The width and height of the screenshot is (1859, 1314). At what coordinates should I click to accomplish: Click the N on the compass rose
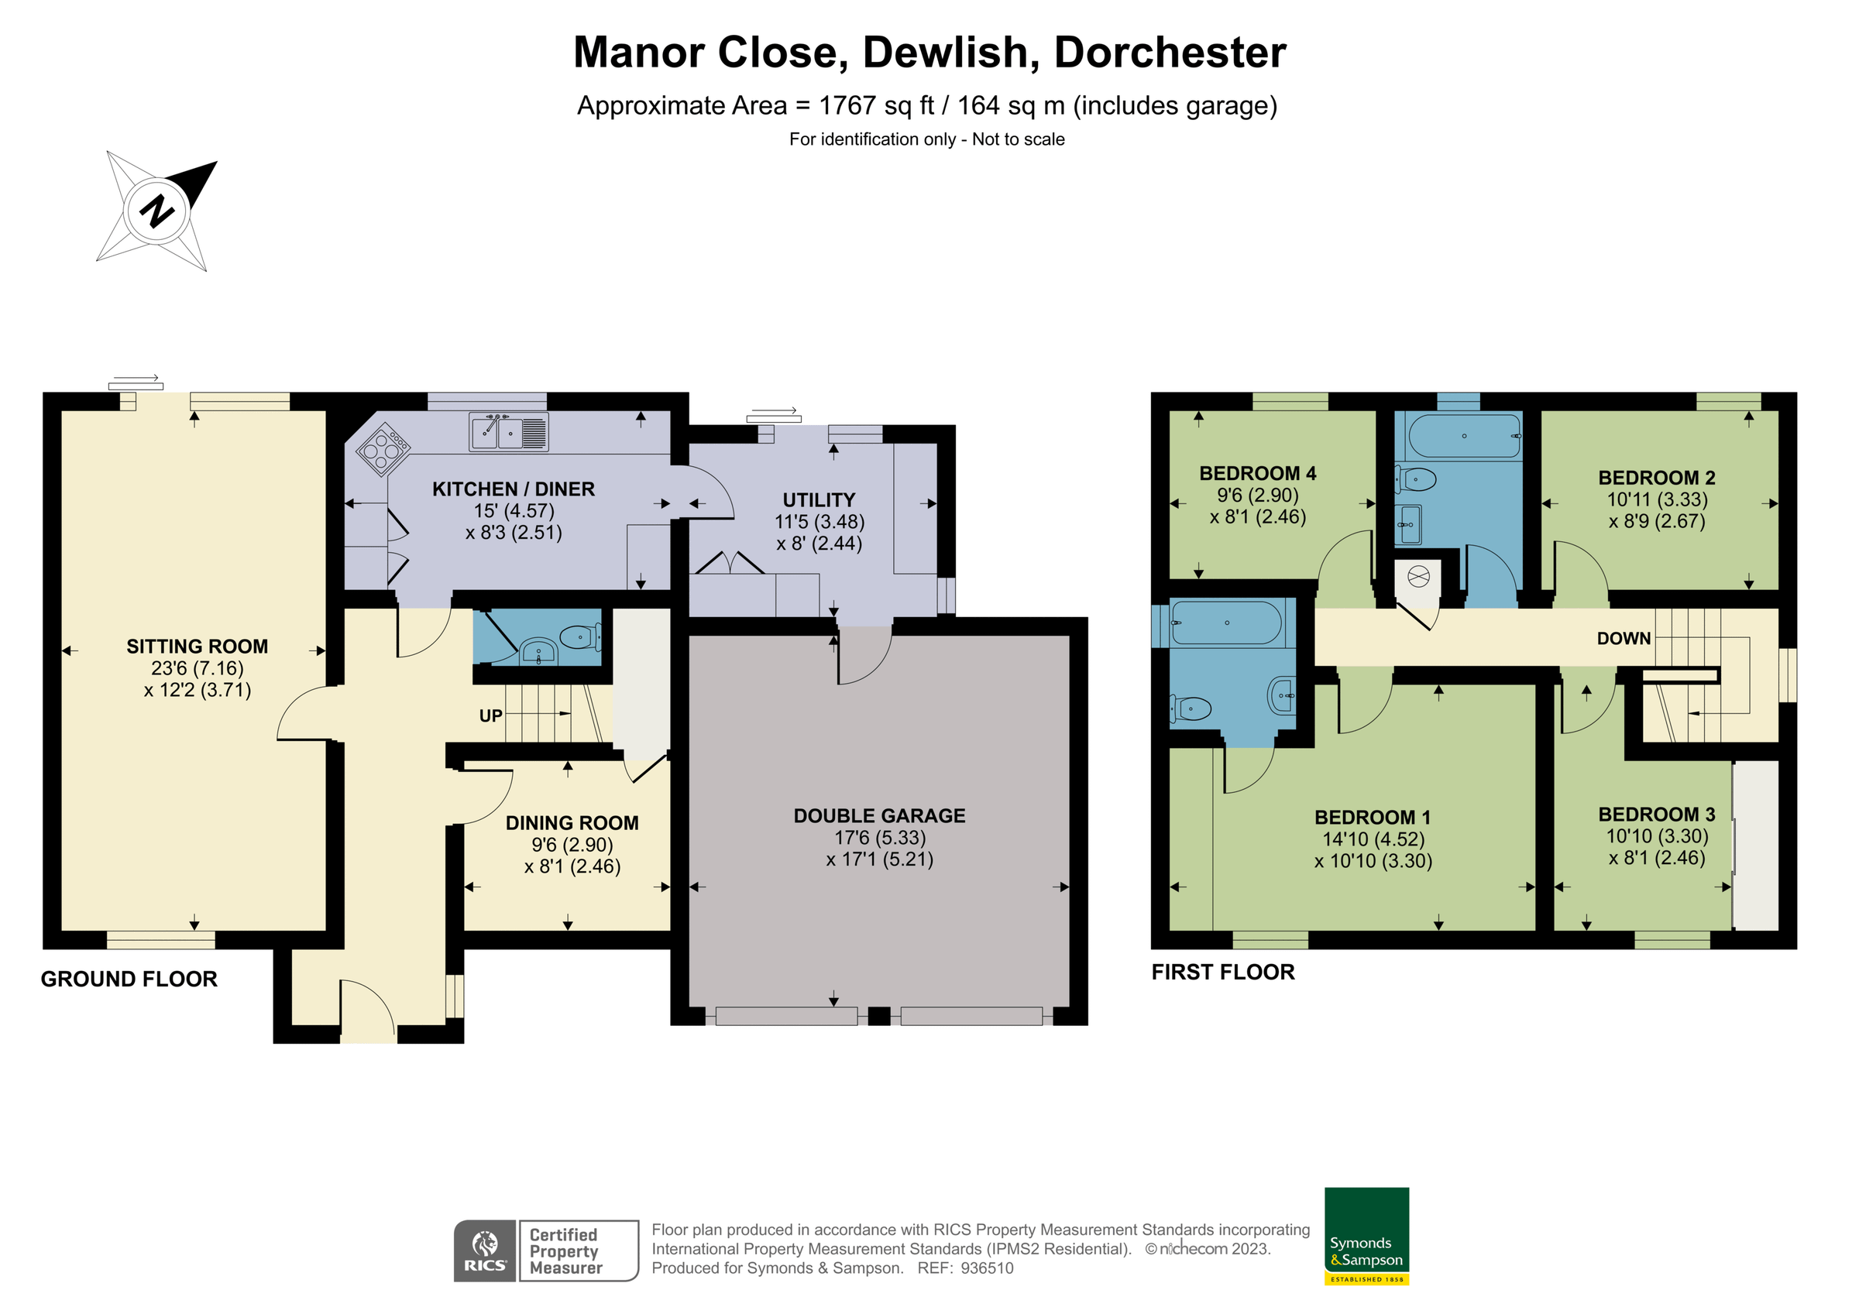pyautogui.click(x=157, y=211)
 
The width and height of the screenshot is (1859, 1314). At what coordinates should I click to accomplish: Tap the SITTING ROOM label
pyautogui.click(x=197, y=646)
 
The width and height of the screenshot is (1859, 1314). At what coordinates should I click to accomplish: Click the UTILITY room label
pyautogui.click(x=819, y=499)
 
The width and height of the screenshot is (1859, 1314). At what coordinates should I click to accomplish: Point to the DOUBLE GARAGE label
pyautogui.click(x=879, y=815)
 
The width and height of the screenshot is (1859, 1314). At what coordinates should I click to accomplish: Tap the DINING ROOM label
pyautogui.click(x=572, y=822)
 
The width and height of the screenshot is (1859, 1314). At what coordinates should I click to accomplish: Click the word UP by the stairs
pyautogui.click(x=490, y=715)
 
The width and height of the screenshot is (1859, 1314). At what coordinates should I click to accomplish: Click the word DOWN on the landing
pyautogui.click(x=1624, y=638)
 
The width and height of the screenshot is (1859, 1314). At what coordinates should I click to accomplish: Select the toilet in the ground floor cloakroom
pyautogui.click(x=579, y=637)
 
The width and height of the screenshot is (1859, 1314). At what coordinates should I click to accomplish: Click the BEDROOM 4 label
pyautogui.click(x=1257, y=473)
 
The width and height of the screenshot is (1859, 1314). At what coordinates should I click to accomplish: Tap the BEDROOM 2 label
pyautogui.click(x=1657, y=478)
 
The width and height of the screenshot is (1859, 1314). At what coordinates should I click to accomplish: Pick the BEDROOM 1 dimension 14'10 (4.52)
pyautogui.click(x=1373, y=839)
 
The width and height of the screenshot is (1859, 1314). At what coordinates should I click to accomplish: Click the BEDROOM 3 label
pyautogui.click(x=1657, y=814)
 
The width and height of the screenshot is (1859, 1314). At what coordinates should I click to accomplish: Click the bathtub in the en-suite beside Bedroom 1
pyautogui.click(x=1227, y=623)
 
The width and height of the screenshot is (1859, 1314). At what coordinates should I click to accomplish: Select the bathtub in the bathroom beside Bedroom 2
pyautogui.click(x=1465, y=436)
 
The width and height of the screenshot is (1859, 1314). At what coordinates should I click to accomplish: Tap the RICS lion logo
pyautogui.click(x=485, y=1249)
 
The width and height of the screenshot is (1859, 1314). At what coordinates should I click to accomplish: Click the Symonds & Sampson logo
pyautogui.click(x=1366, y=1236)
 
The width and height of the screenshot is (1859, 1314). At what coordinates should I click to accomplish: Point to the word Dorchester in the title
pyautogui.click(x=1169, y=53)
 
